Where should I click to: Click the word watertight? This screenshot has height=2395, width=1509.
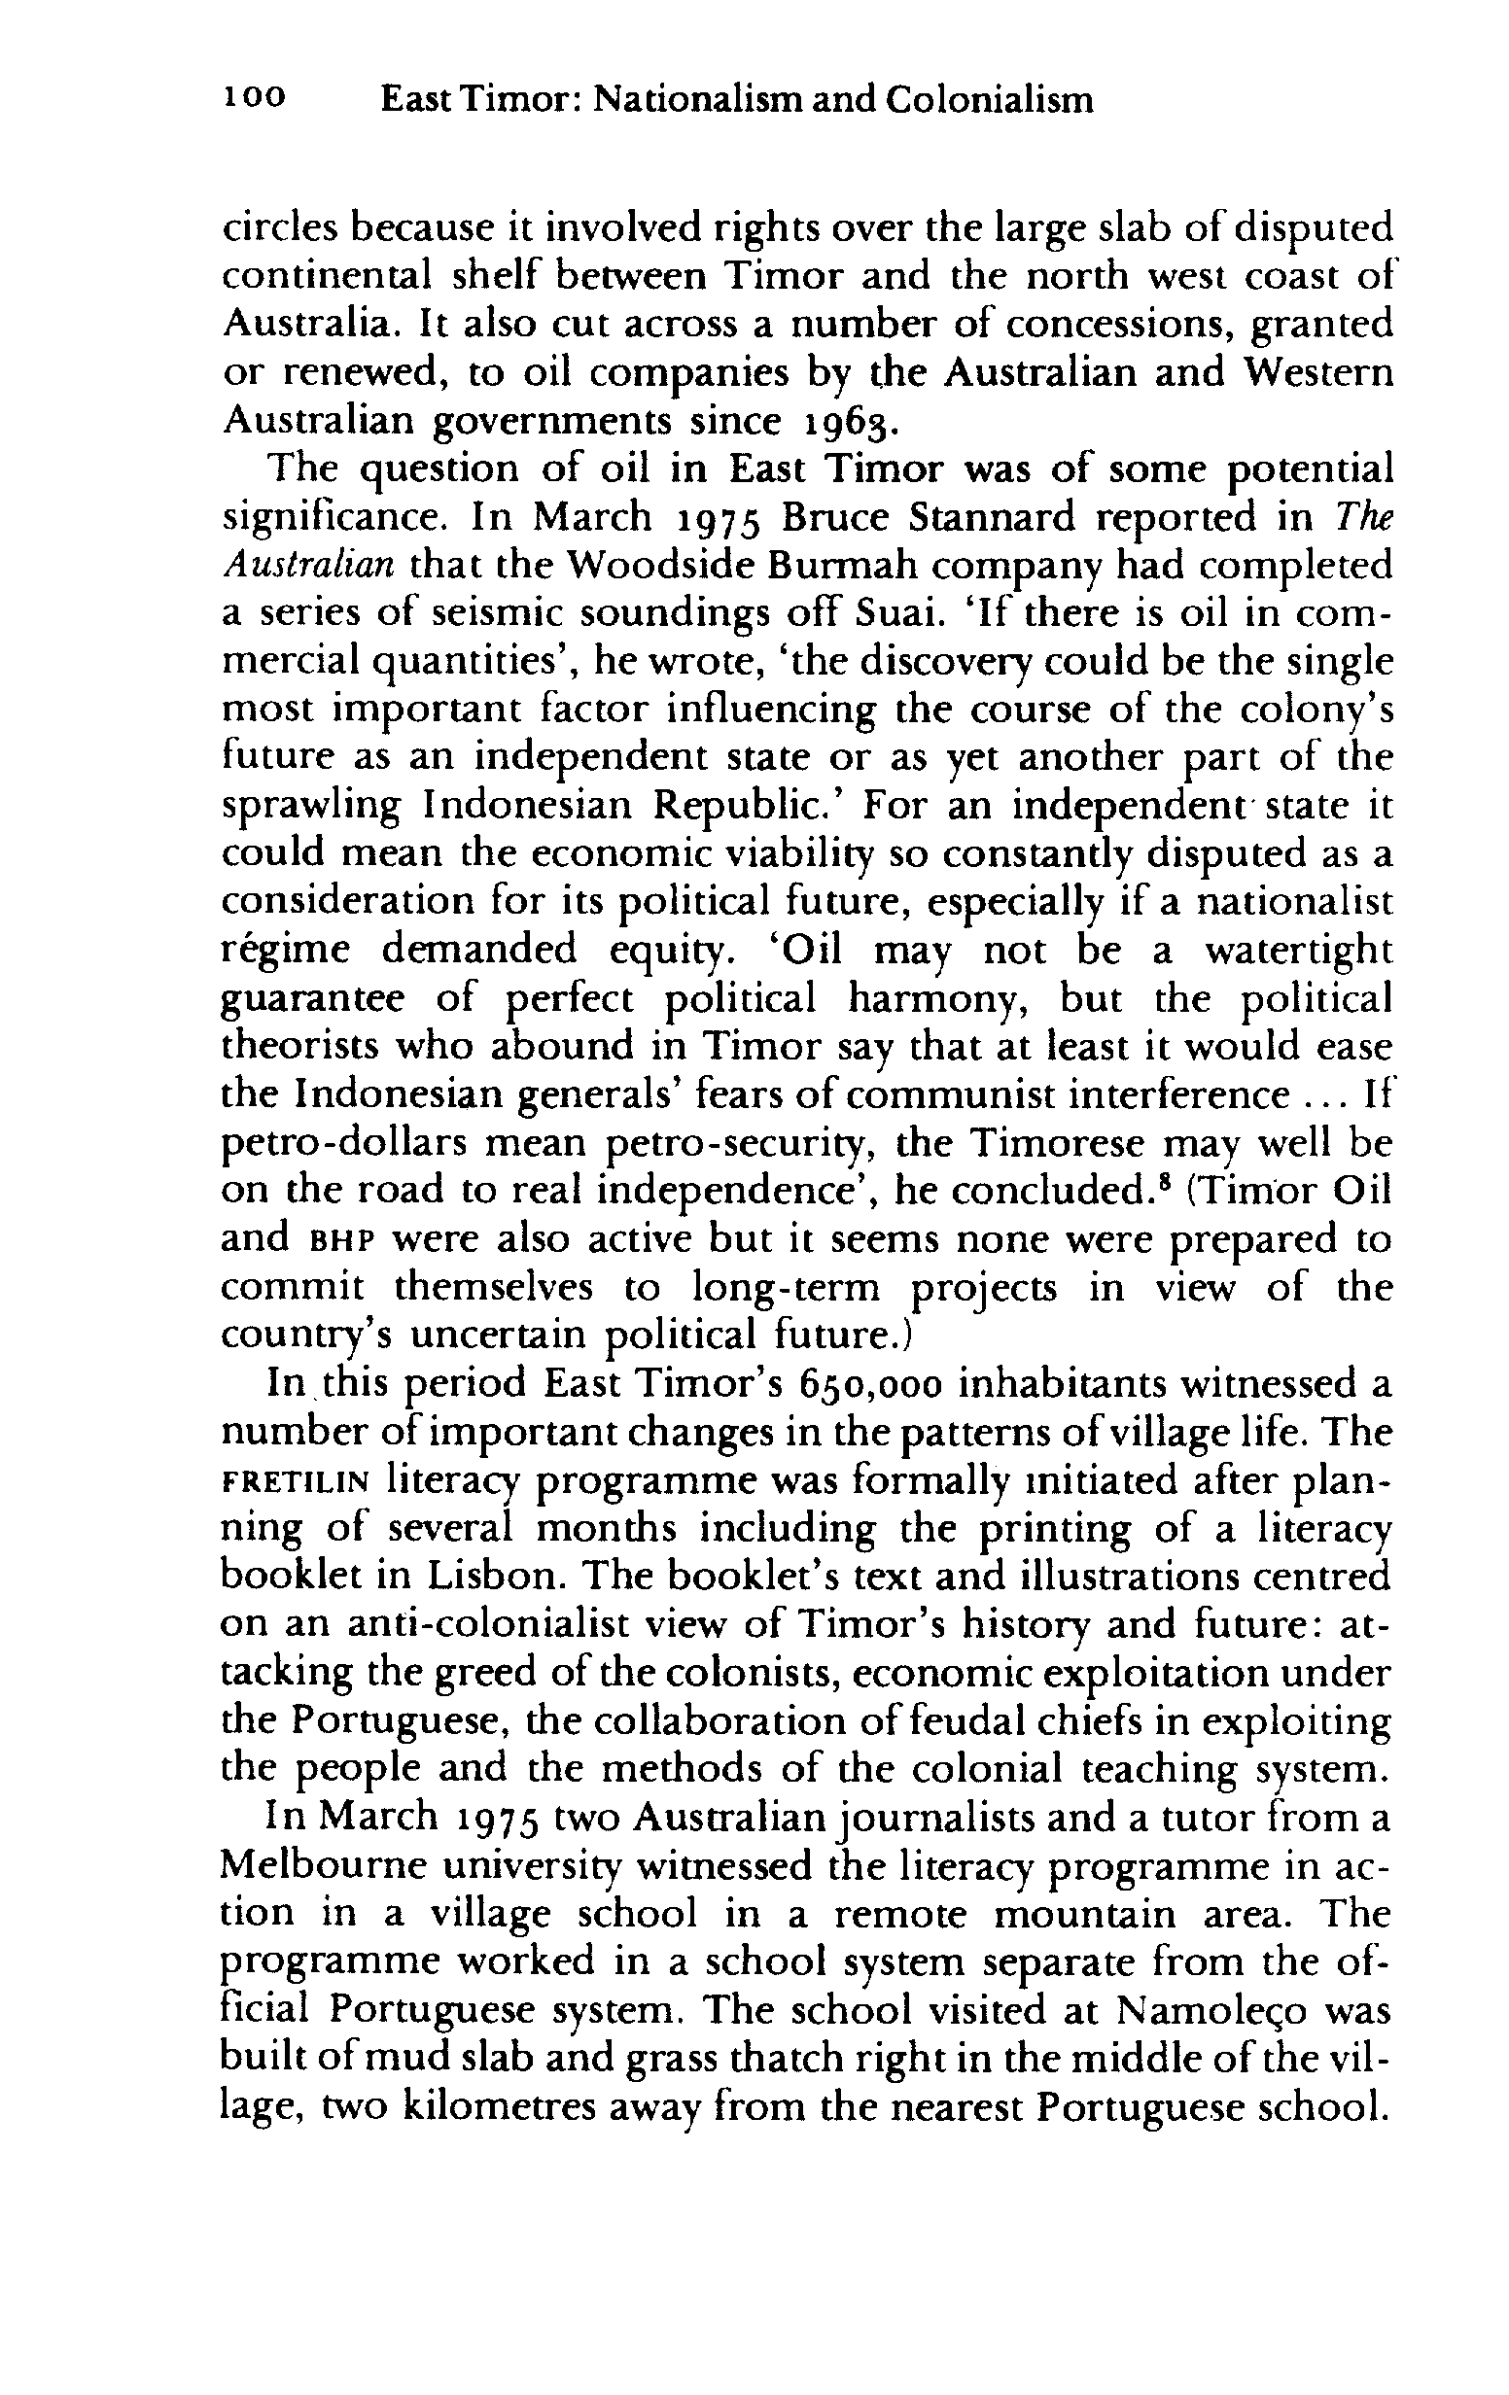coord(1295,950)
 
